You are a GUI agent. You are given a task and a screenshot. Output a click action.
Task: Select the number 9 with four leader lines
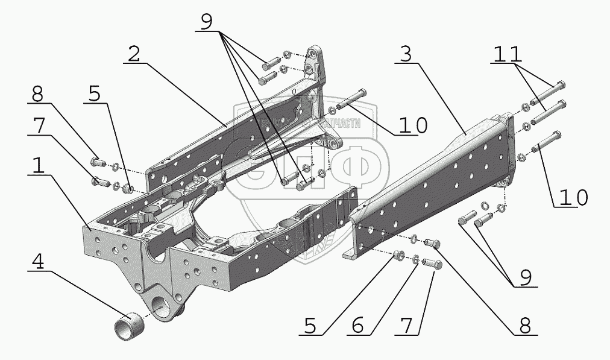(x=207, y=22)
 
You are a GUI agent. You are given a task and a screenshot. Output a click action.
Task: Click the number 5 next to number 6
(x=310, y=326)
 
